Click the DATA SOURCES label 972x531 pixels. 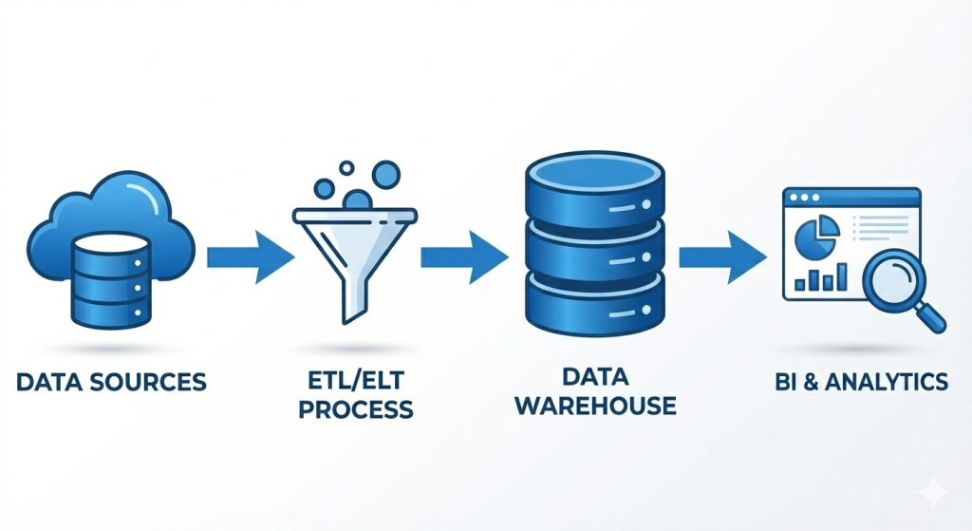[x=111, y=383]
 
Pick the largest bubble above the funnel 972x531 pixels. [x=386, y=173]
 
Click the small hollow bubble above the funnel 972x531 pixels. [x=346, y=168]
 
